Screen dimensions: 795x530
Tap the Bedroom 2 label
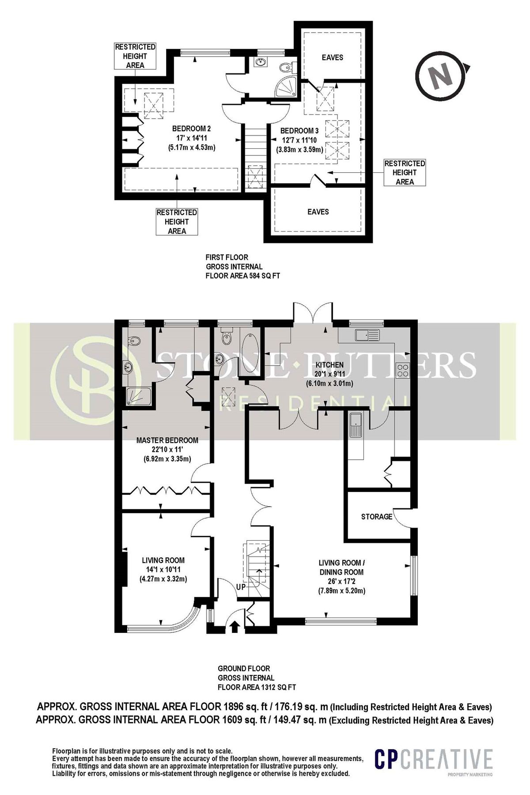tap(191, 129)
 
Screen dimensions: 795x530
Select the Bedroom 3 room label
tap(299, 131)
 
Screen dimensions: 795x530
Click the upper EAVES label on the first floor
tap(332, 57)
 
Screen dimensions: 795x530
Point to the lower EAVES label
tap(318, 212)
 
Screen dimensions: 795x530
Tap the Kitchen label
tap(329, 365)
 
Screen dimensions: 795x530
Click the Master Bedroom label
tap(167, 440)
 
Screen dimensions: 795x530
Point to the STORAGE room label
tap(376, 516)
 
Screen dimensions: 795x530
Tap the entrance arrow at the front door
tap(234, 626)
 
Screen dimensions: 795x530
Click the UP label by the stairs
tap(241, 587)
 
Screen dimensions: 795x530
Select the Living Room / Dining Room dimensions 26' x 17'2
tap(342, 581)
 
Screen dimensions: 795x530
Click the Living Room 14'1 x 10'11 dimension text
tap(163, 570)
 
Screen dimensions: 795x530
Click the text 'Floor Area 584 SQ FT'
tap(243, 276)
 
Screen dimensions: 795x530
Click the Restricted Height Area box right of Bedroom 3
tap(405, 172)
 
